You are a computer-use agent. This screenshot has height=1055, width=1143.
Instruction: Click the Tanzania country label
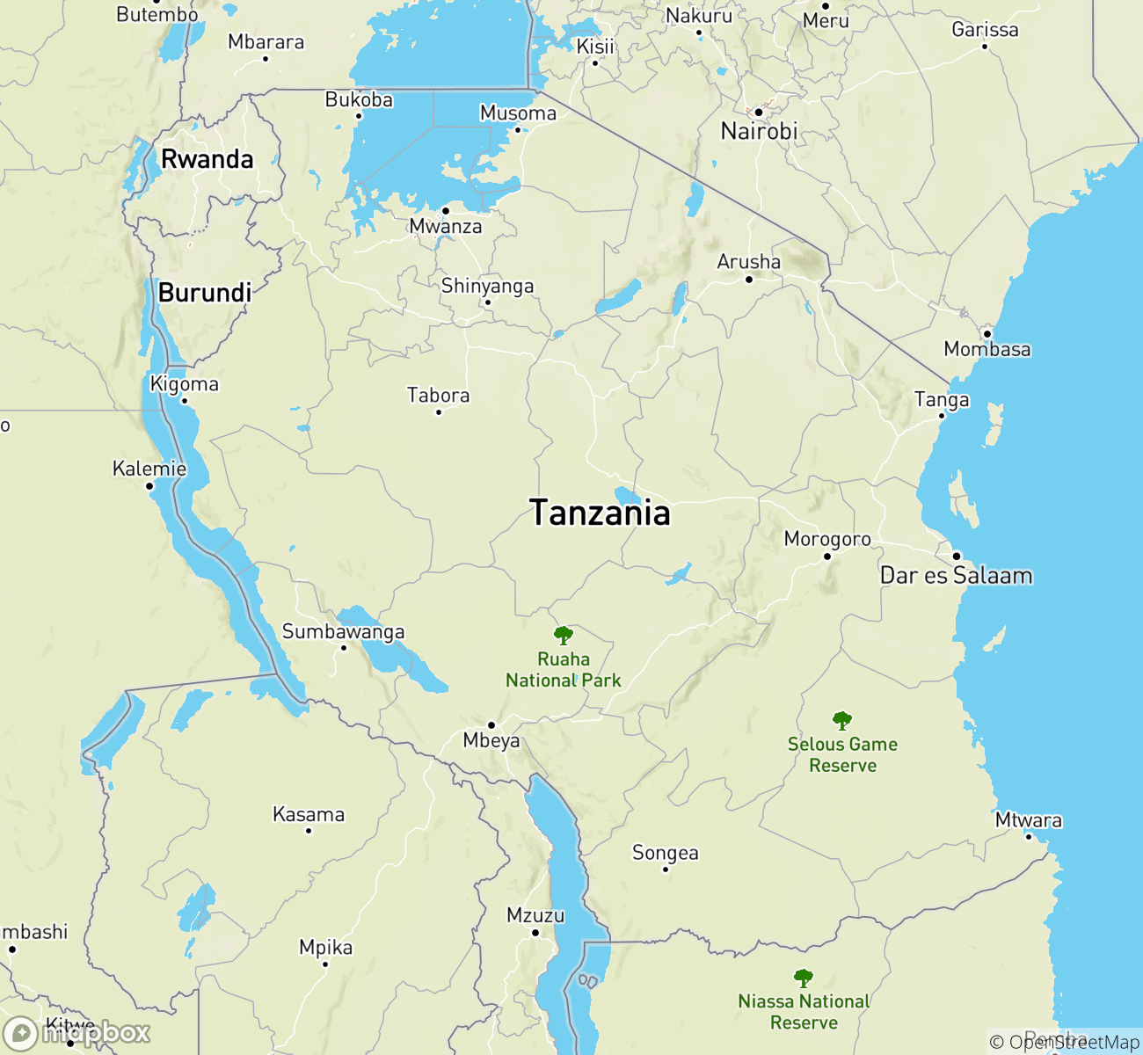pos(601,513)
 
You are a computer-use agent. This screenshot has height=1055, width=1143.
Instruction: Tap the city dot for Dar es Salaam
pos(957,556)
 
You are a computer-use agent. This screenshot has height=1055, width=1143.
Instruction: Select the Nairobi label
pos(759,132)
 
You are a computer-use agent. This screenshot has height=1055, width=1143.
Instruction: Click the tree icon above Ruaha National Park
pos(564,635)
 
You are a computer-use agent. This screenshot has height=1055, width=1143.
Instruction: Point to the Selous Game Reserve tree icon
pos(842,721)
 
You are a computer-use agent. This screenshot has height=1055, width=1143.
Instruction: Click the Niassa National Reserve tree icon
pos(803,978)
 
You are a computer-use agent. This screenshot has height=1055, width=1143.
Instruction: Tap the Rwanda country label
pos(207,159)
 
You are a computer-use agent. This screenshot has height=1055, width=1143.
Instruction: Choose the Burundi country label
pos(205,293)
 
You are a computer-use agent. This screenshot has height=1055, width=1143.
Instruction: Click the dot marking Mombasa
pos(987,334)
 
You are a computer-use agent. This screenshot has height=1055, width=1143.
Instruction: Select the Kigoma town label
pos(185,384)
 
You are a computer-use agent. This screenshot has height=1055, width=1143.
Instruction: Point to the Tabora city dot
pos(439,411)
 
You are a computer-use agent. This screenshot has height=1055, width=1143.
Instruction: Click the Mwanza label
pos(446,227)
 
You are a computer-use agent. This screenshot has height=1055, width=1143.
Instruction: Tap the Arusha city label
pos(748,262)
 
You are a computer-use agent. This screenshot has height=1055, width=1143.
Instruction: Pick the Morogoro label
pos(827,539)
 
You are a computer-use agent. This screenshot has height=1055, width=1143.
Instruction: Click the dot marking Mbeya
pos(491,725)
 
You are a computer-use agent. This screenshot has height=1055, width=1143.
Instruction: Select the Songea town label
pos(666,853)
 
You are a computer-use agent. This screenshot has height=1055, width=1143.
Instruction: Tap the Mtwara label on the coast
pos(1029,820)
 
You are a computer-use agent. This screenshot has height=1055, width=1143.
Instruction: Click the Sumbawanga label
pos(343,631)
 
